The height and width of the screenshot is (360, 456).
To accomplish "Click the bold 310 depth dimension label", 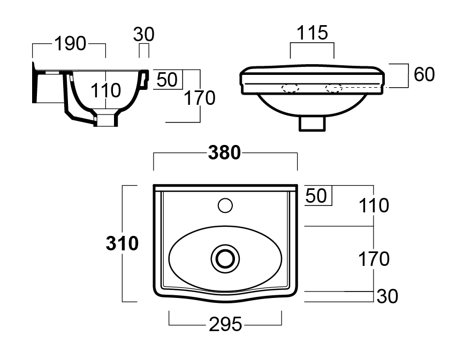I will point(122,243).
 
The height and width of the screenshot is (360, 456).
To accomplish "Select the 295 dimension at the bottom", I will point(225,324).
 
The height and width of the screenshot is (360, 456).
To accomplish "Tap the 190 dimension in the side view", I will point(70,44).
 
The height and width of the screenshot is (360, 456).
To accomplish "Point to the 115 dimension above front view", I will point(312,33).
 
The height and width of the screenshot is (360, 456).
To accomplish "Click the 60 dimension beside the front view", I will point(424,75).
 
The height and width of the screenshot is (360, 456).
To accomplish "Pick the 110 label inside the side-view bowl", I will point(105,90).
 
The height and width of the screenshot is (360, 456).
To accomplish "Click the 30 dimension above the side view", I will point(143,34).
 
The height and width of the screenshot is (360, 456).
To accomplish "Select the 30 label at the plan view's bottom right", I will point(387,296).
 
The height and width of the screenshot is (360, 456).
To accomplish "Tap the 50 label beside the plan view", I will point(316,196).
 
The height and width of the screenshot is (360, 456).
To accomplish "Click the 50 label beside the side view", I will point(167,80).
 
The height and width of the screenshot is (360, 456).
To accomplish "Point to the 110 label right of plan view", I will point(374,205).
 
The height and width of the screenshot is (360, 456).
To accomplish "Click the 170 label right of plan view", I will point(374,259).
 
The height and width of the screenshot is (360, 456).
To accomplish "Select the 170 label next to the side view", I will point(199,98).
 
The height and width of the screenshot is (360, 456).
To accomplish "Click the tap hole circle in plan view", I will point(225,204).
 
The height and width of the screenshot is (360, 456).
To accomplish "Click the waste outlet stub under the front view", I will point(312,124).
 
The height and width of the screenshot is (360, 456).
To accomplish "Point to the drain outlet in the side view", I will point(105,118).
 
